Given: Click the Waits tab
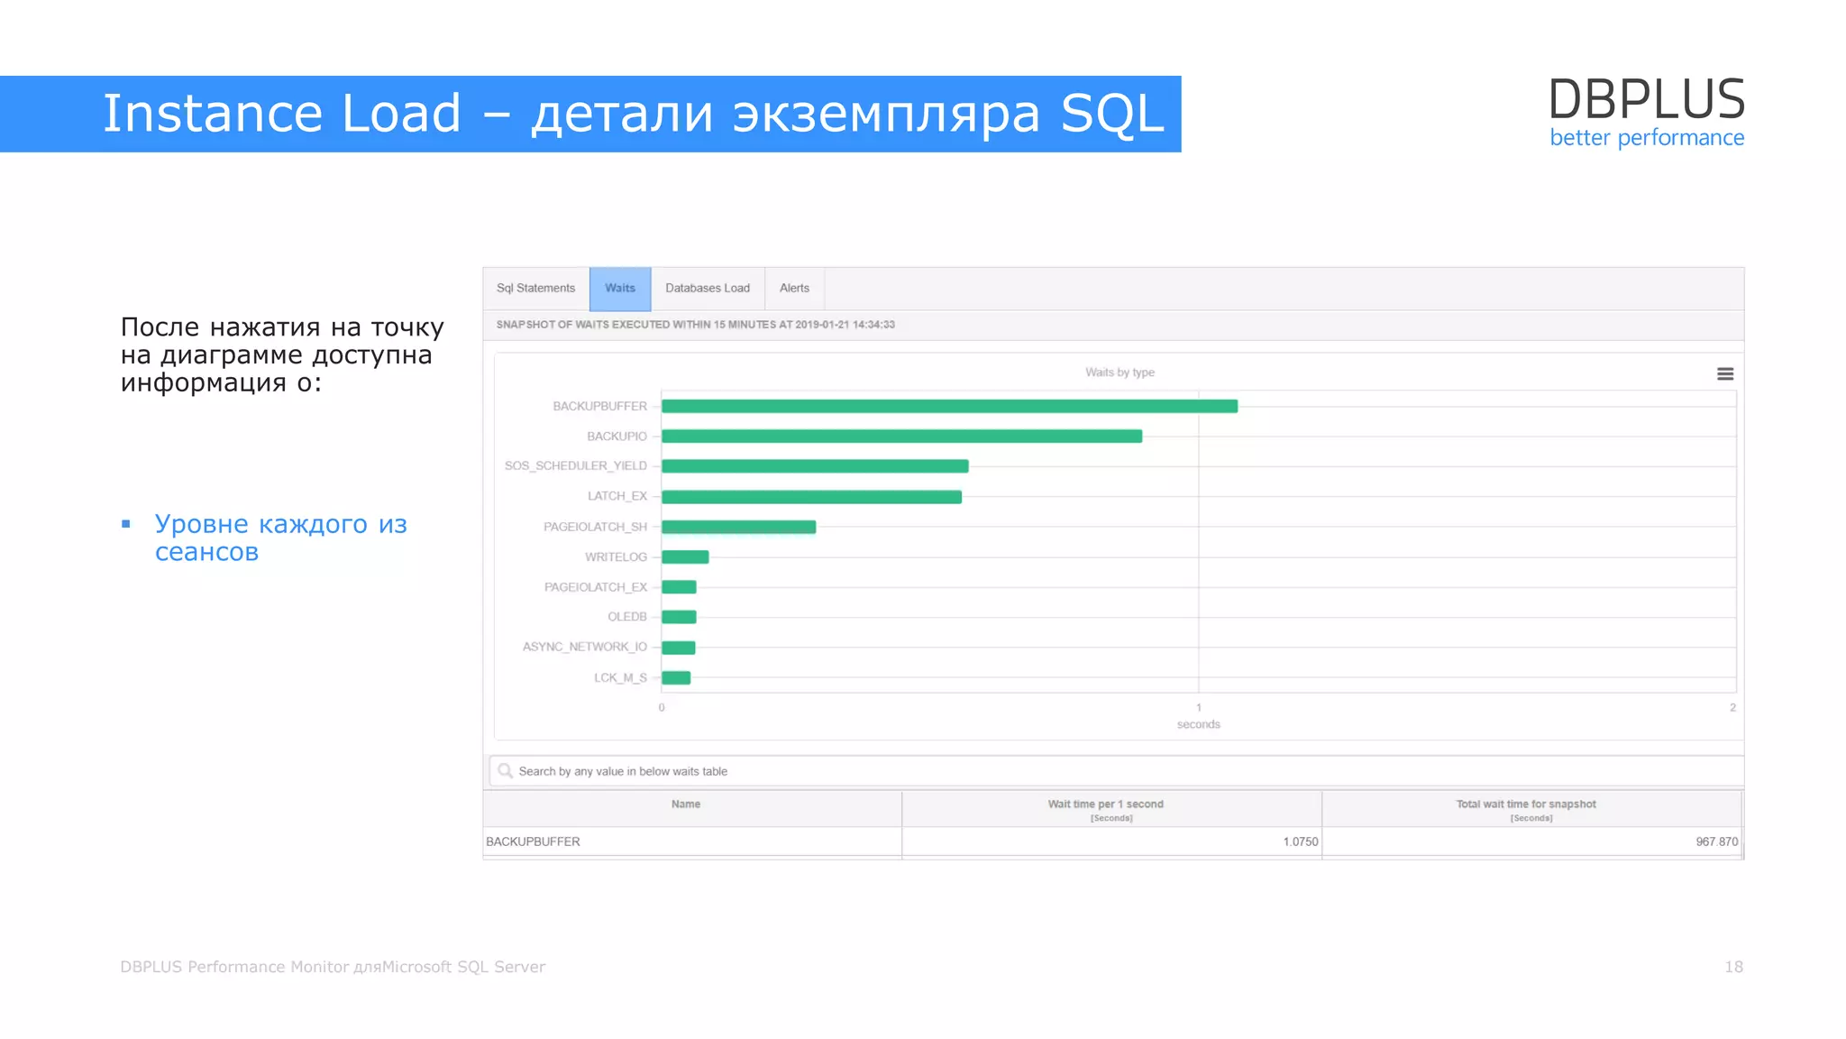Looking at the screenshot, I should pos(620,289).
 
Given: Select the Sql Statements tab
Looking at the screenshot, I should pos(535,289).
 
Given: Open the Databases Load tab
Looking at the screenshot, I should pos(708,289).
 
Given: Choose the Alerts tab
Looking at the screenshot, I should pos(794,289).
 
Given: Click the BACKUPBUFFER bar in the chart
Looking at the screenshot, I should pos(949,407).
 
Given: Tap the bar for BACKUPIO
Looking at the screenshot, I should pos(901,437).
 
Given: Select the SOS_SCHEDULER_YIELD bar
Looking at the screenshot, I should pos(815,466).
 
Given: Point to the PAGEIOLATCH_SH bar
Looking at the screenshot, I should pos(738,527).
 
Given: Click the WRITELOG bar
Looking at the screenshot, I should pos(685,557).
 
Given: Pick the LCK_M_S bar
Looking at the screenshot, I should pos(676,678).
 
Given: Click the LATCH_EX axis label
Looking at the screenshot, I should pos(617,496).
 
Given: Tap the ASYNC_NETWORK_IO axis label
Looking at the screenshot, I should pos(585,647).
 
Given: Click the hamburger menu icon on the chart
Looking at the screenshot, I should pos(1725,374).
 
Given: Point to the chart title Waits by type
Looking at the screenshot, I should pos(1119,372).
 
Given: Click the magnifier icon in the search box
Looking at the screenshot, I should pos(505,771).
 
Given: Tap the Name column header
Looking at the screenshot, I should pos(686,805).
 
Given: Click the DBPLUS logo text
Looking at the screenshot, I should pos(1646,99).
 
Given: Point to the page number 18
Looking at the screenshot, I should pos(1733,967).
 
